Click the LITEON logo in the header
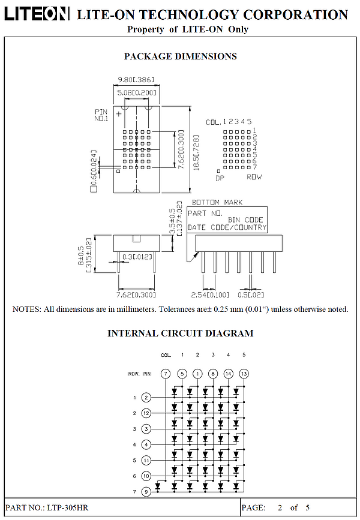[37, 14]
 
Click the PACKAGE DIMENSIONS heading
[180, 56]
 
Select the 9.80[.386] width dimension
[136, 80]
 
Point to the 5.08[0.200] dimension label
[136, 92]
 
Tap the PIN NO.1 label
[101, 115]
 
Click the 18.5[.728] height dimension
[196, 152]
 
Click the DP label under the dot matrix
[220, 178]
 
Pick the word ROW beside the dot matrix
[254, 177]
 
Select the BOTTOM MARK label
[217, 202]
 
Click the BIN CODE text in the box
[245, 220]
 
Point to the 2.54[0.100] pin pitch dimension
[210, 294]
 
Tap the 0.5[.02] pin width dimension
[251, 294]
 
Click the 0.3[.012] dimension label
[137, 257]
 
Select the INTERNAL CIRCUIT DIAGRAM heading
[180, 333]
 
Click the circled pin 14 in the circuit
[228, 374]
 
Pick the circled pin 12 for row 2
[146, 413]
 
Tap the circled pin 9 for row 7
[146, 491]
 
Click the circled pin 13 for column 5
[244, 374]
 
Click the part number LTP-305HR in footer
[68, 507]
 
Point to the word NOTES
[26, 309]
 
